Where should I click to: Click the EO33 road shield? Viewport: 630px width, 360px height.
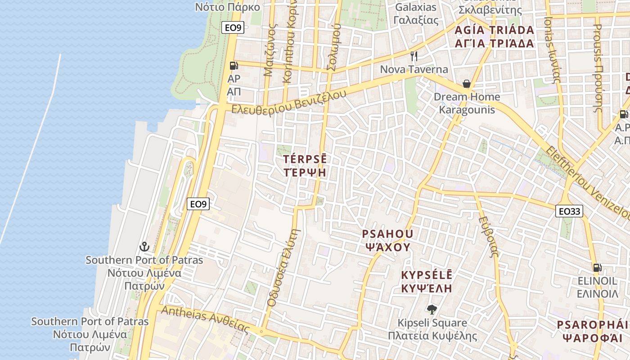[569, 211]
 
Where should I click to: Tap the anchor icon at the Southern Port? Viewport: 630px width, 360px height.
[144, 247]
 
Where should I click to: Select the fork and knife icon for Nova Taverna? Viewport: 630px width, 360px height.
[414, 56]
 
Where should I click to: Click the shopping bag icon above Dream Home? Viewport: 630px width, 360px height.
[467, 84]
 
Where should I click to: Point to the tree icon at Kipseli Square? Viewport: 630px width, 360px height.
[432, 310]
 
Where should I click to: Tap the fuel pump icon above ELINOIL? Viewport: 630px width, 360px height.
[597, 268]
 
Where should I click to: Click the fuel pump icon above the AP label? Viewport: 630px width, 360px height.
[234, 66]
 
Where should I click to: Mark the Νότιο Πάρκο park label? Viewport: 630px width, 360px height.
[228, 7]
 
